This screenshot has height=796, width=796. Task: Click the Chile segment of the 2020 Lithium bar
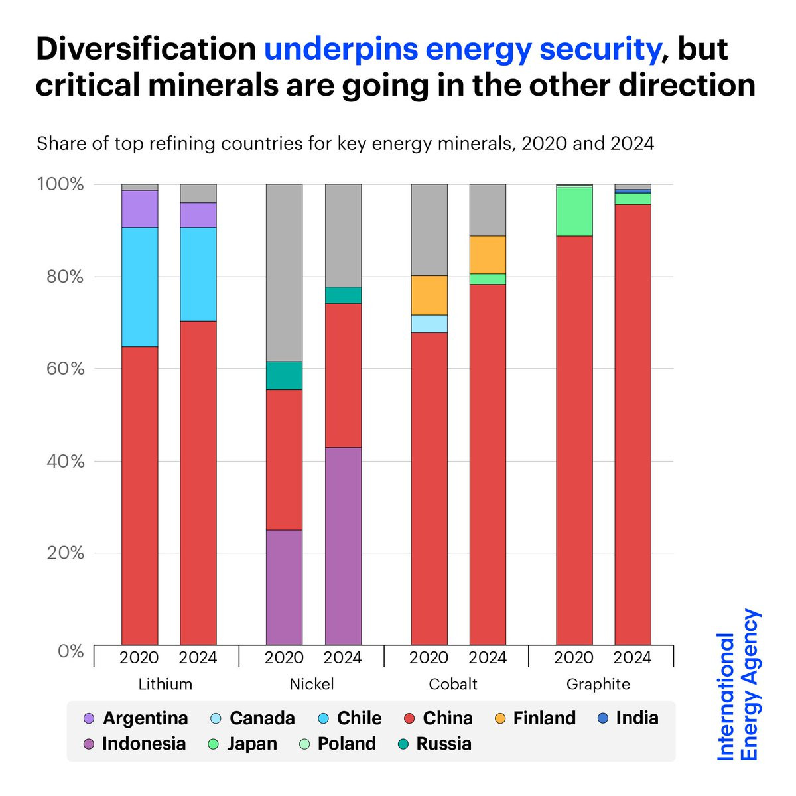pyautogui.click(x=140, y=287)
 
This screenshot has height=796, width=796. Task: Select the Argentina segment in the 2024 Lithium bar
pyautogui.click(x=198, y=215)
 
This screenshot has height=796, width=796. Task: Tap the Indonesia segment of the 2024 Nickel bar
pyautogui.click(x=343, y=545)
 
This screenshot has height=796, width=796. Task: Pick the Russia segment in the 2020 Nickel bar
pyautogui.click(x=284, y=375)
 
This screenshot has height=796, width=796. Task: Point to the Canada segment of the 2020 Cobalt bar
pyautogui.click(x=429, y=324)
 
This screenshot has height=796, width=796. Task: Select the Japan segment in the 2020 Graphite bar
pyautogui.click(x=574, y=212)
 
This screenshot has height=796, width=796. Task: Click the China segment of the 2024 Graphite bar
pyautogui.click(x=633, y=425)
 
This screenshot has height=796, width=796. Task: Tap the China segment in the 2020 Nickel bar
pyautogui.click(x=284, y=459)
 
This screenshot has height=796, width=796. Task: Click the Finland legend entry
pyautogui.click(x=535, y=718)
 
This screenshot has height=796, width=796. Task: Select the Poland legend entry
pyautogui.click(x=338, y=744)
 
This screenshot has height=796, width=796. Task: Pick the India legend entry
pyautogui.click(x=628, y=718)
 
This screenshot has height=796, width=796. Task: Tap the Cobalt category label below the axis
pyautogui.click(x=453, y=684)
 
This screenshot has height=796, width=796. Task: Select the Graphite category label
pyautogui.click(x=598, y=684)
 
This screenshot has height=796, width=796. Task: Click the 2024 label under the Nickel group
pyautogui.click(x=342, y=657)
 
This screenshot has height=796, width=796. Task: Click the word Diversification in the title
pyautogui.click(x=146, y=49)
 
